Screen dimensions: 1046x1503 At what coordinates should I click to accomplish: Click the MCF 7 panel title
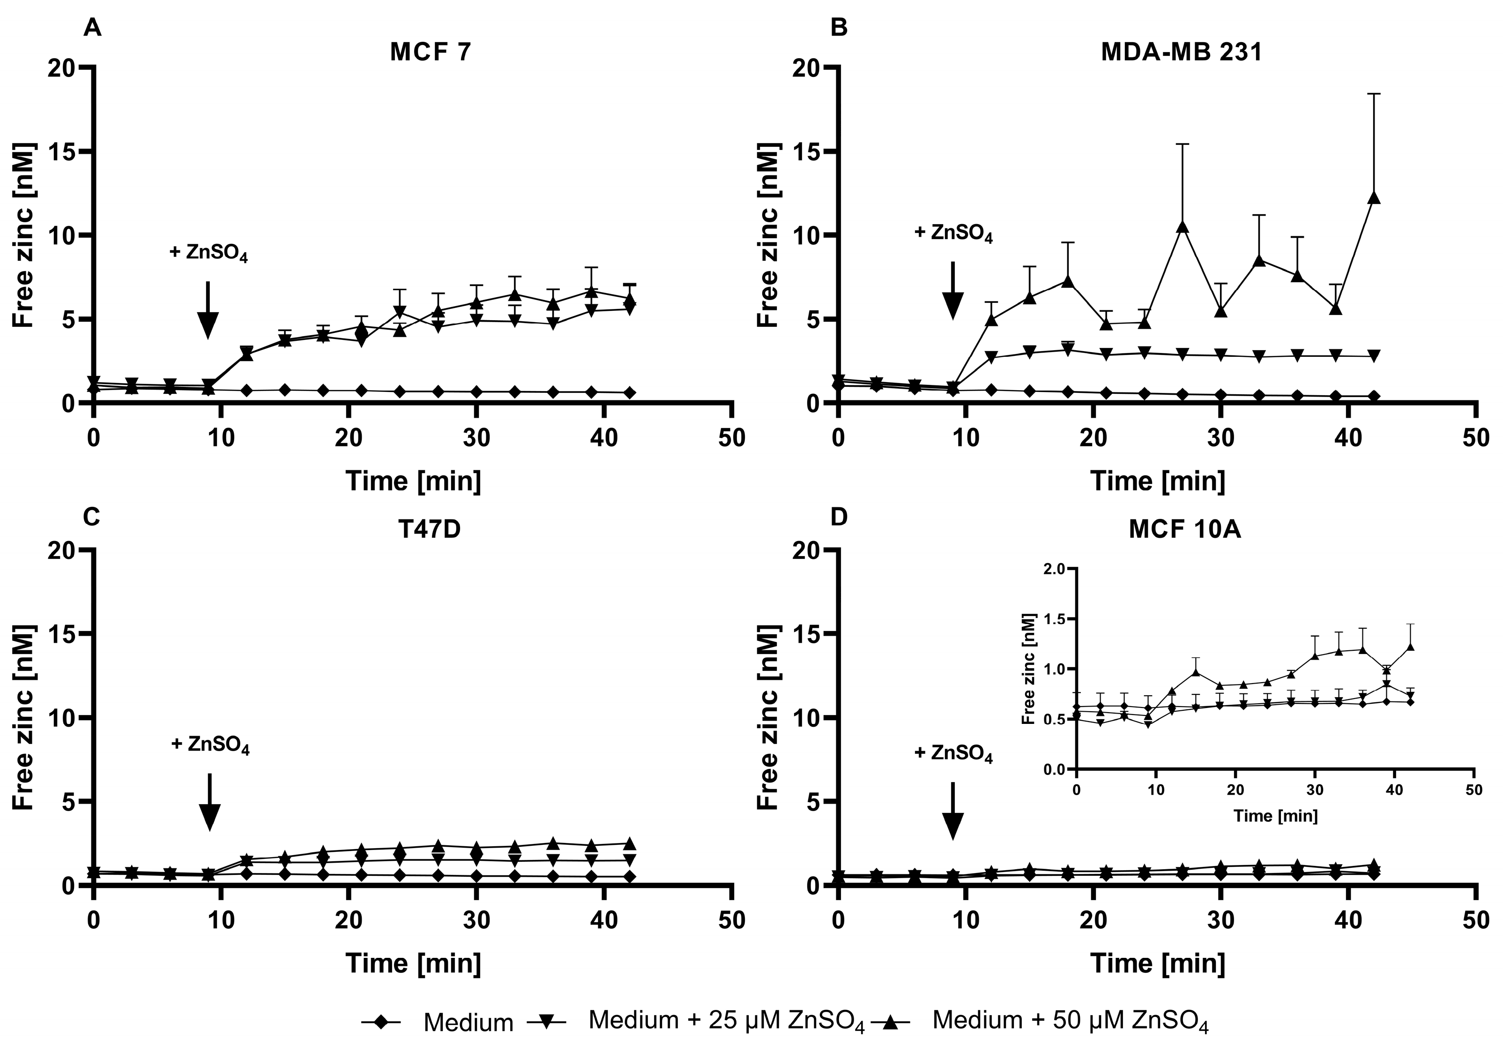[x=430, y=53]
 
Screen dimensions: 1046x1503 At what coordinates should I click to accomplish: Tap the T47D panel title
[x=430, y=529]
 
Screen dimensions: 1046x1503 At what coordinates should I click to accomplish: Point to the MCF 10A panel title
[x=1185, y=529]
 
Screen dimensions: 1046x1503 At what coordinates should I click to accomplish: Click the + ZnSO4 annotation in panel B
[x=953, y=234]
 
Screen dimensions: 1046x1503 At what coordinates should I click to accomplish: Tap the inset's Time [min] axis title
[x=1275, y=816]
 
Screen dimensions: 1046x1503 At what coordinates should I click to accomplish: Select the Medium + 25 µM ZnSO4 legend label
[x=727, y=1021]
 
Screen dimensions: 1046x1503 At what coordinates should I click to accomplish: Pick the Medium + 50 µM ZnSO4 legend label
[x=1070, y=1021]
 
